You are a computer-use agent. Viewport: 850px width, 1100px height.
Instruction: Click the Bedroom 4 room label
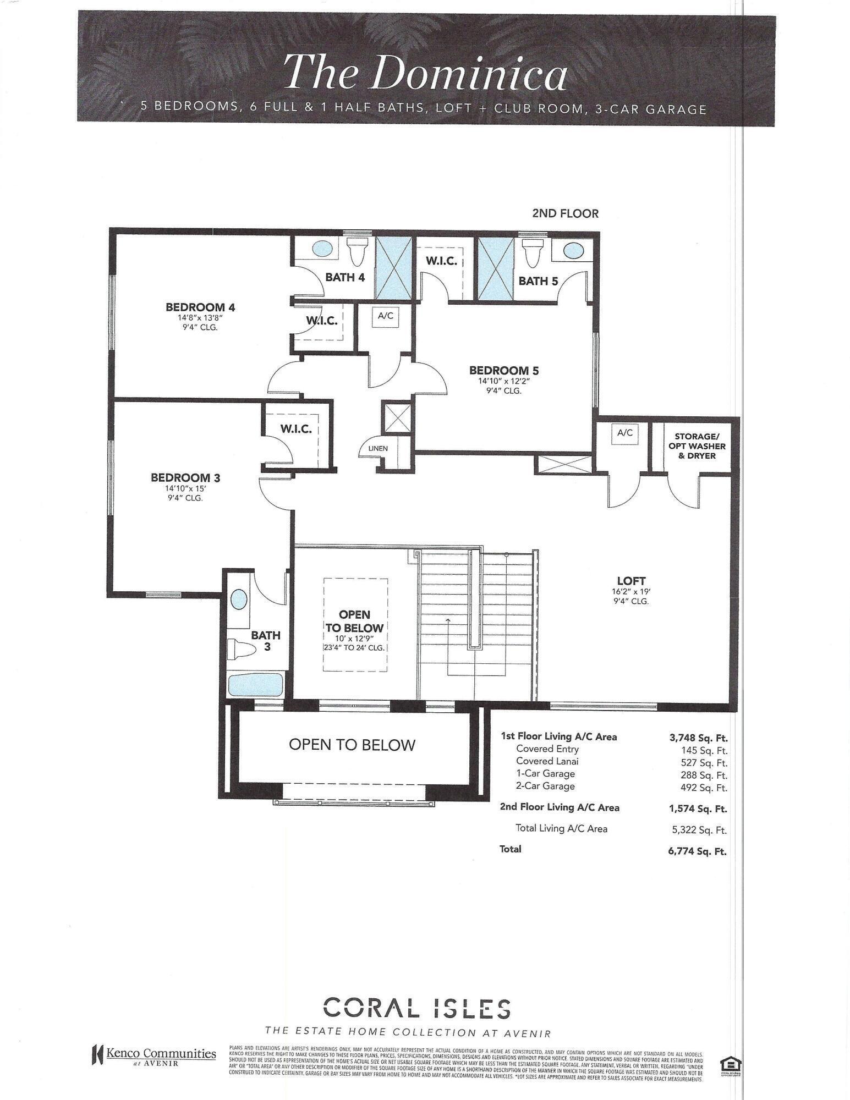click(x=201, y=307)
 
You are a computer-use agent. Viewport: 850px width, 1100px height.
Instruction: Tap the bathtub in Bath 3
click(x=255, y=685)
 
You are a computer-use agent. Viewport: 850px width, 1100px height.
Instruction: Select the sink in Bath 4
click(x=323, y=249)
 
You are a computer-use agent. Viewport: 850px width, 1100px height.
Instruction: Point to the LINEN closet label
click(x=378, y=448)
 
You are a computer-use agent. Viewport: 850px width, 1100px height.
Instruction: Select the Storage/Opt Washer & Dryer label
click(x=697, y=446)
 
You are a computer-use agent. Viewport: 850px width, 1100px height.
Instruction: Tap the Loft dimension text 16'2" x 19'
click(x=631, y=591)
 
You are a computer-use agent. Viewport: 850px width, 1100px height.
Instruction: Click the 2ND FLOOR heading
click(x=565, y=213)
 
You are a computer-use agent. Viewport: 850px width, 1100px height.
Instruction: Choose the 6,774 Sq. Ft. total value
click(x=697, y=851)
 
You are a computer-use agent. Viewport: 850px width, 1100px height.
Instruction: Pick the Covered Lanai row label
click(x=547, y=761)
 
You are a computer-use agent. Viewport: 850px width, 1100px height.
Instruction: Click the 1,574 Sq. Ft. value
click(x=698, y=809)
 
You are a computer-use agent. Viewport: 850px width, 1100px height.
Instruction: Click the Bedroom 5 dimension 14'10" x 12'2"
click(x=499, y=381)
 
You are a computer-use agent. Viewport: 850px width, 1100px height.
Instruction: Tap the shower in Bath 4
click(x=393, y=267)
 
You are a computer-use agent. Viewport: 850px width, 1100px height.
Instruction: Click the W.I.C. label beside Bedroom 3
click(x=296, y=429)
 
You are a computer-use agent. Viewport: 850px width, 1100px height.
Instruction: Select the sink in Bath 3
click(x=239, y=598)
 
